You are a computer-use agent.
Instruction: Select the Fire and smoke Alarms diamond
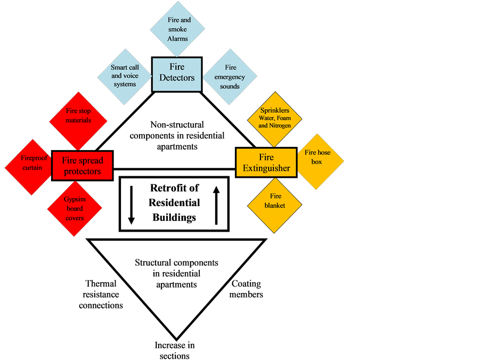(x=177, y=29)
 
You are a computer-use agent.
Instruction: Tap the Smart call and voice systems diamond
(x=124, y=75)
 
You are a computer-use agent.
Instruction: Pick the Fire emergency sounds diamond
(x=230, y=77)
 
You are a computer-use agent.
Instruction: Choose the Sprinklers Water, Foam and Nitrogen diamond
(x=275, y=118)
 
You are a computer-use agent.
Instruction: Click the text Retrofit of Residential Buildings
(x=175, y=202)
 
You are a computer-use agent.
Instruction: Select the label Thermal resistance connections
(x=101, y=294)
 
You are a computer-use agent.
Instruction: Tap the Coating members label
(x=246, y=289)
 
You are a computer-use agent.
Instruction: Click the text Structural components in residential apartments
(x=176, y=273)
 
